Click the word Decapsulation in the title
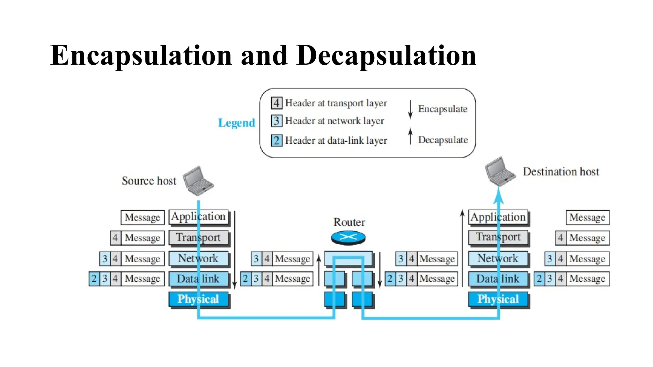click(x=386, y=56)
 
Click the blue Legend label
click(x=236, y=123)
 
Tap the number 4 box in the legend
click(x=276, y=103)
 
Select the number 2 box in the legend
click(x=276, y=140)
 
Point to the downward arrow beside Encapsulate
click(x=410, y=110)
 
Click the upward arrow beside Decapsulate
click(x=410, y=136)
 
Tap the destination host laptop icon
click(x=499, y=171)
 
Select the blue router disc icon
click(x=348, y=237)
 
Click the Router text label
click(x=349, y=222)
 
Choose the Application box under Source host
click(x=198, y=217)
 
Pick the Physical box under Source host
click(x=198, y=299)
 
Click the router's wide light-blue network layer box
click(x=348, y=258)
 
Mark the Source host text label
click(x=149, y=181)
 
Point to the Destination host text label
click(x=561, y=172)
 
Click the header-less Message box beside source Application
click(x=143, y=217)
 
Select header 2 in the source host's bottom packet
click(x=94, y=279)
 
